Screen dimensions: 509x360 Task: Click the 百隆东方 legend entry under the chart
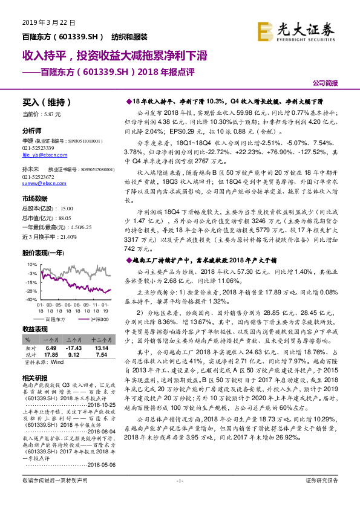[x=56, y=317]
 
